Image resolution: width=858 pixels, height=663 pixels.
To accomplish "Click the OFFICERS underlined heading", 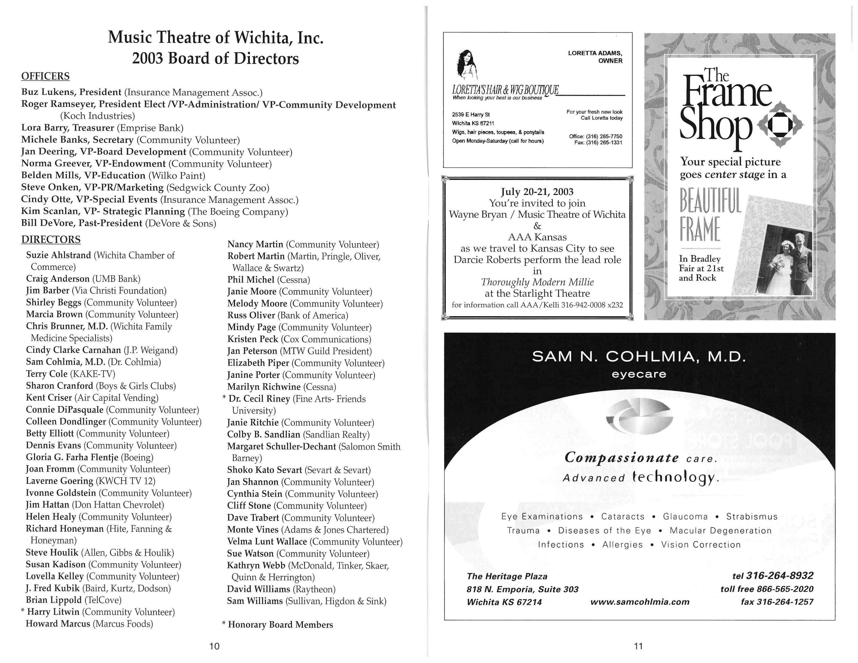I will [45, 76].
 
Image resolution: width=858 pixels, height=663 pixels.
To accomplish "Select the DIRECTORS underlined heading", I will [51, 240].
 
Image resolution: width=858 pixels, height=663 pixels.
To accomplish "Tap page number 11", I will [638, 646].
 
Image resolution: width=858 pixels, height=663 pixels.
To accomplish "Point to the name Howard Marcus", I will [58, 624].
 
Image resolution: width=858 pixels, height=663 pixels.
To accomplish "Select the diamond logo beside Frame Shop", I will [780, 125].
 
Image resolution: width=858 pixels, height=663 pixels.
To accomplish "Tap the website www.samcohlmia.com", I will [640, 602].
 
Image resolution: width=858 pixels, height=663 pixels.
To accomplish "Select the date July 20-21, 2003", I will [537, 192].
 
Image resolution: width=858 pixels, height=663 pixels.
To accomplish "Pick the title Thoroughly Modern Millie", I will [537, 282].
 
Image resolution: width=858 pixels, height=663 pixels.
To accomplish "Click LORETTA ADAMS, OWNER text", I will [595, 57].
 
